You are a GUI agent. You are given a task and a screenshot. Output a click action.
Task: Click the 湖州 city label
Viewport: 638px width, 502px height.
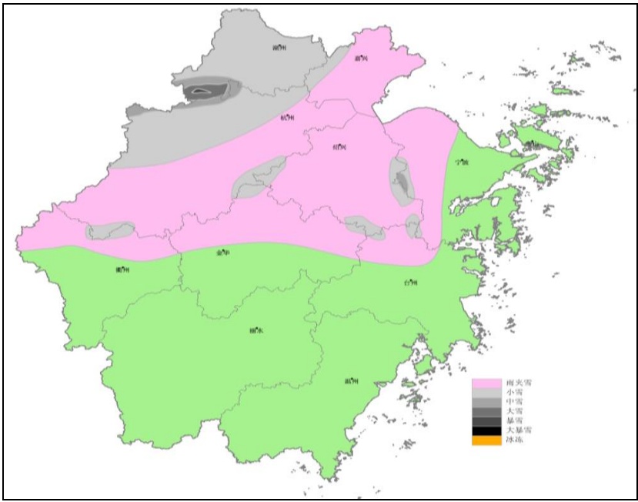[278, 48]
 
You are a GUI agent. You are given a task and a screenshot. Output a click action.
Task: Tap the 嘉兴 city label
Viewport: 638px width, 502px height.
[361, 58]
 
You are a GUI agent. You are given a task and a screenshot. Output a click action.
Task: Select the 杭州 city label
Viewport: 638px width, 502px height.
[287, 118]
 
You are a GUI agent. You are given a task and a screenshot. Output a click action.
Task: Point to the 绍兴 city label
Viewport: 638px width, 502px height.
[339, 146]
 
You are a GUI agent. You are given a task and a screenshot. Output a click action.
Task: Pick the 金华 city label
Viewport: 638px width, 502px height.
[223, 253]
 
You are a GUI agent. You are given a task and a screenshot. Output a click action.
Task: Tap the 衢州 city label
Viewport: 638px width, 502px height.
[121, 270]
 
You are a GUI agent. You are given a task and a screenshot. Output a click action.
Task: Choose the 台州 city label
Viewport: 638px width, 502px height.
[411, 283]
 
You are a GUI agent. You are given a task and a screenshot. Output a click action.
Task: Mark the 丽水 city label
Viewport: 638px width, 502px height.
[256, 331]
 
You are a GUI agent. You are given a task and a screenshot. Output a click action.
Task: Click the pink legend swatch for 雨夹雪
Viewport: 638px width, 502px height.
[487, 383]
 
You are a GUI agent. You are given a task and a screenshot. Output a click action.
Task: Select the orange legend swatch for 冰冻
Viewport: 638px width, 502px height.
[487, 440]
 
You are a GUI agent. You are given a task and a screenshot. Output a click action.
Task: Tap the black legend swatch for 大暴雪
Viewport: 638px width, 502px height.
[487, 430]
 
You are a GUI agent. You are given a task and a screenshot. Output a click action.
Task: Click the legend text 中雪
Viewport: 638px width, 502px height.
[513, 402]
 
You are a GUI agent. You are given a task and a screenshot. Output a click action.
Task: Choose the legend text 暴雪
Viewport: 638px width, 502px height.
[513, 421]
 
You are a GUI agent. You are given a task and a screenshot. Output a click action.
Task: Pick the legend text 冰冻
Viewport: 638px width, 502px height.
[513, 440]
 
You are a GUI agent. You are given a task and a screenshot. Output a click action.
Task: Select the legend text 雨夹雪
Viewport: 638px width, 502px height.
[518, 383]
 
